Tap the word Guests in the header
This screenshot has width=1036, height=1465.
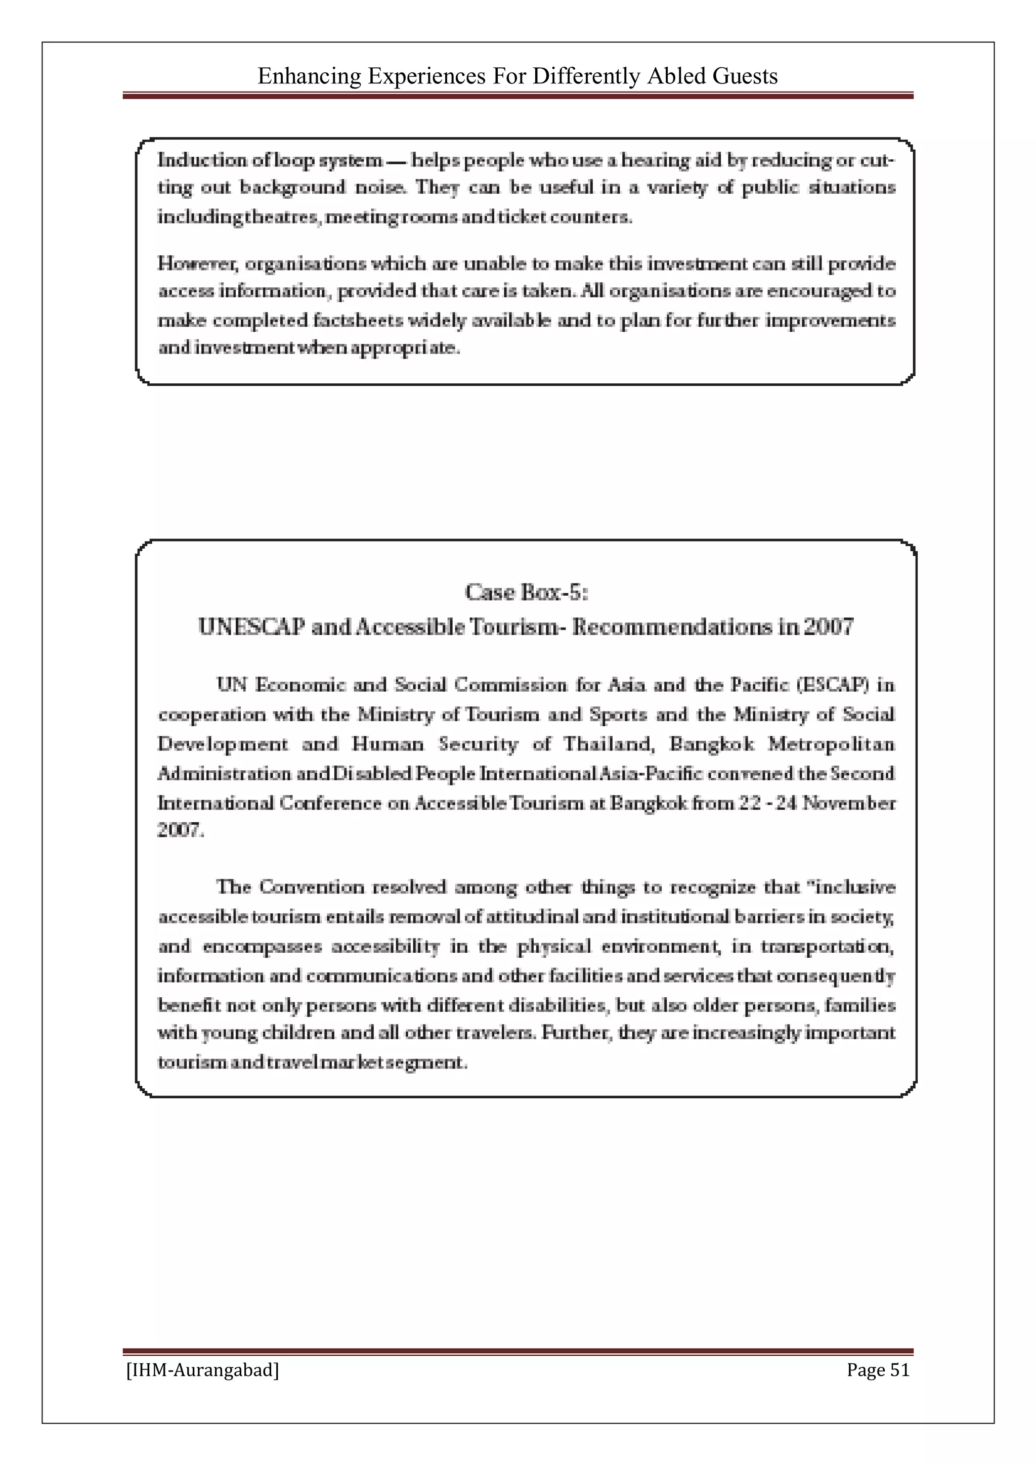coord(745,76)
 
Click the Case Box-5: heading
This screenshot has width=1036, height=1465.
coord(527,592)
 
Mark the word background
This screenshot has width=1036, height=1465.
coord(292,188)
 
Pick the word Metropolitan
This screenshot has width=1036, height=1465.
coord(831,744)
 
